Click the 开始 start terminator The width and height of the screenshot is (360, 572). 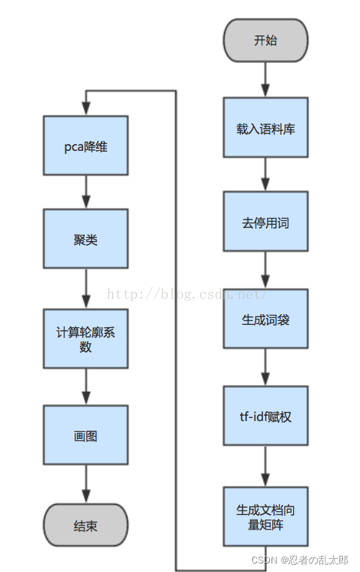265,40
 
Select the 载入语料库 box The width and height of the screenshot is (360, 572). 265,129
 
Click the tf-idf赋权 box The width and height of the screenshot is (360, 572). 265,416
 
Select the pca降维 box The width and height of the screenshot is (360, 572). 85,146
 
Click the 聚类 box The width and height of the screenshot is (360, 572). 85,239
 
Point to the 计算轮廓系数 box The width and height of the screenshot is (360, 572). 85,339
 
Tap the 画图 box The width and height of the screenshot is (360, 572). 85,435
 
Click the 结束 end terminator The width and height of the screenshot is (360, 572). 85,527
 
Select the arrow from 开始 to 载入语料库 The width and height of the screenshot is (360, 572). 265,79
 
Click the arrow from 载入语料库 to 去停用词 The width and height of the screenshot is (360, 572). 265,175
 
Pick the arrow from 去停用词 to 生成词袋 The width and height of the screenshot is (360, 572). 265,271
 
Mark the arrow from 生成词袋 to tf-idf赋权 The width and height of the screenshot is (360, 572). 265,368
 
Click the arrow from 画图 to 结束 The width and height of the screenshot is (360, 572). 85,483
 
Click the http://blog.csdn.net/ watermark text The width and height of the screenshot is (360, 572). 185,293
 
